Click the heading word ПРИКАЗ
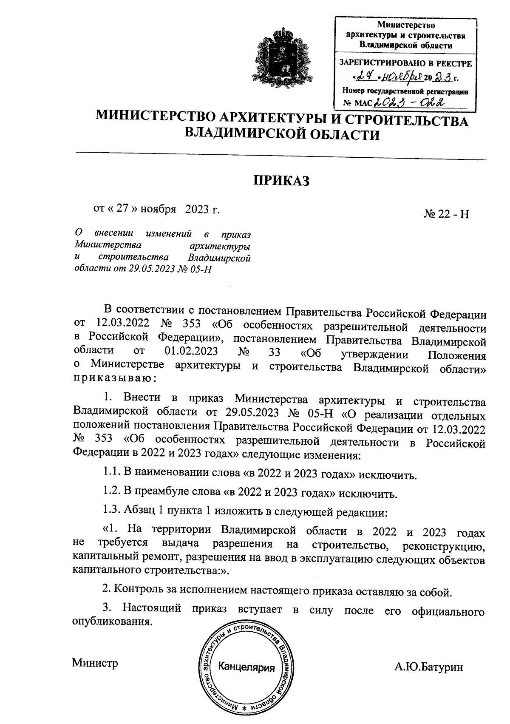click(281, 181)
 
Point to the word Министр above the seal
click(95, 663)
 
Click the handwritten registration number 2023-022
click(407, 102)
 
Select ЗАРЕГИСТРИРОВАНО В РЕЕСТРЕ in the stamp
click(405, 63)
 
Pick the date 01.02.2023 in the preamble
click(191, 352)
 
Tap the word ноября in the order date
click(159, 209)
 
